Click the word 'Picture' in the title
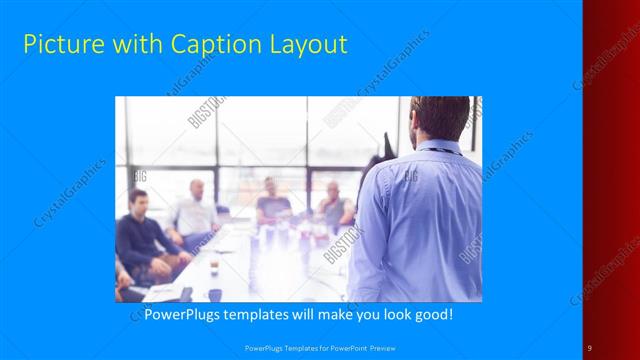point(59,44)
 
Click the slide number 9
point(590,347)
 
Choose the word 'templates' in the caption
point(261,314)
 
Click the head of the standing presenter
point(440,118)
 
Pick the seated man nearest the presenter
point(335,204)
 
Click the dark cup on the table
point(214,294)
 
